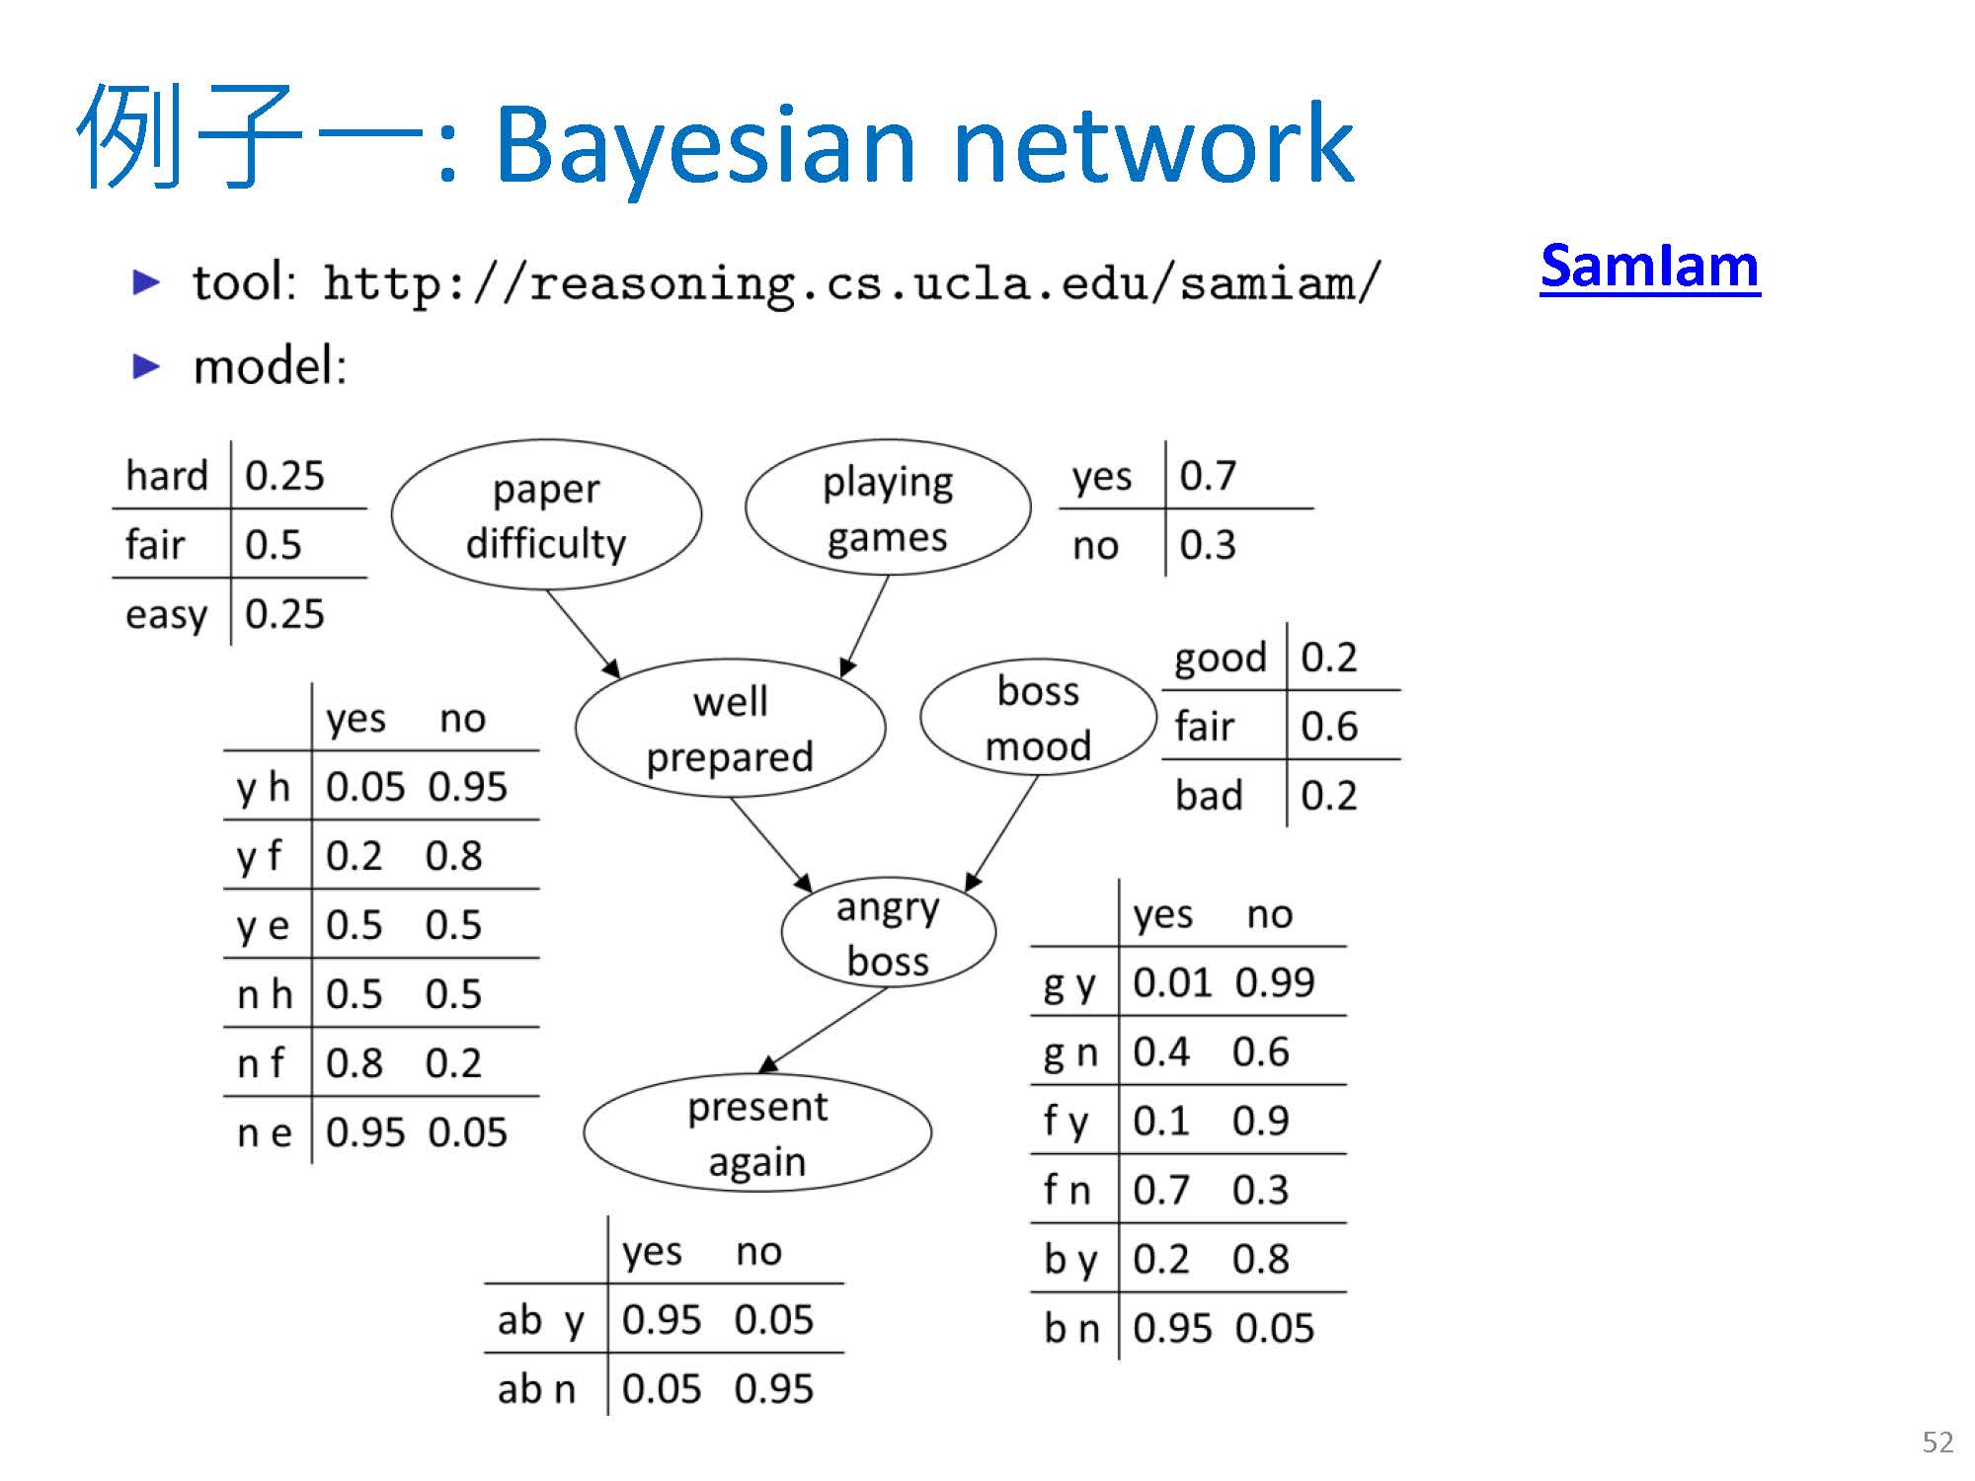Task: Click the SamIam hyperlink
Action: click(x=1649, y=267)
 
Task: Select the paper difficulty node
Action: click(x=546, y=515)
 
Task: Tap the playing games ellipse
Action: click(x=888, y=508)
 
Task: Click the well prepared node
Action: click(x=730, y=729)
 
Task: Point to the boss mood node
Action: click(x=1038, y=718)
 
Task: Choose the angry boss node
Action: click(x=888, y=933)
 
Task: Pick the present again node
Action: click(x=757, y=1133)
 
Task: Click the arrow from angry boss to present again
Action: click(x=825, y=1030)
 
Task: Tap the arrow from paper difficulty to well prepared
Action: click(x=583, y=633)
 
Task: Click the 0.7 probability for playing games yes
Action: click(x=1208, y=476)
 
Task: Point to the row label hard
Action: click(x=167, y=476)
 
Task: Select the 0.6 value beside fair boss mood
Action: click(x=1329, y=727)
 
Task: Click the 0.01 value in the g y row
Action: click(x=1171, y=982)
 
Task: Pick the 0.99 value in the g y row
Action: click(x=1275, y=982)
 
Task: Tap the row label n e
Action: click(x=265, y=1132)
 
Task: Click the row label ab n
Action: click(x=536, y=1389)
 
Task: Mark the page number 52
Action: click(x=1937, y=1442)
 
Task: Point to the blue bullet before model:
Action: click(x=146, y=367)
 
